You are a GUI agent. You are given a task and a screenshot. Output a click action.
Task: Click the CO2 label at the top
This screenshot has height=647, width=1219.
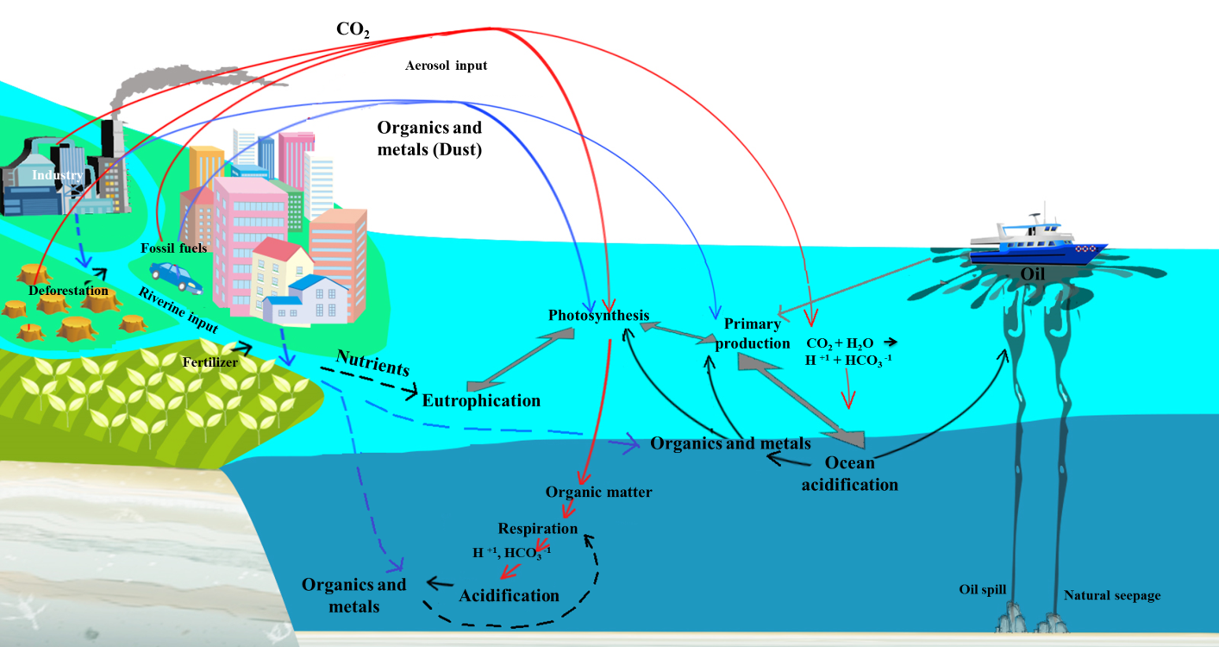pos(353,30)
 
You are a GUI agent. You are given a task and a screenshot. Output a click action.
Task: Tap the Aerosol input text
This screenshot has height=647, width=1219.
pos(446,66)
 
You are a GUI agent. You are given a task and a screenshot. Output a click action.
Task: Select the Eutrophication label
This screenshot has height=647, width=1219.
pos(481,401)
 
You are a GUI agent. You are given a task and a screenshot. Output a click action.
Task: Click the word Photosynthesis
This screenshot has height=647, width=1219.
pos(598,316)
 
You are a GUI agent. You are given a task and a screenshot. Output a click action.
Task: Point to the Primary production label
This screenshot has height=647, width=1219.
pos(757,334)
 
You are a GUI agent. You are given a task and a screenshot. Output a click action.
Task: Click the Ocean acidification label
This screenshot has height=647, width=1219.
pos(850,474)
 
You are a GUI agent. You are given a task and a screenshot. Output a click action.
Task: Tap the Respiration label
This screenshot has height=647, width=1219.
pos(538,528)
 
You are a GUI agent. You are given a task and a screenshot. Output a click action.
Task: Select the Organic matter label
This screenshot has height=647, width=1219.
pos(598,493)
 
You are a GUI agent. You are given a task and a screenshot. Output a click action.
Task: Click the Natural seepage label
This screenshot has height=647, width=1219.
pos(1112,595)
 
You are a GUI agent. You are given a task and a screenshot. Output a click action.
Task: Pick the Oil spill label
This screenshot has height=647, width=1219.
pos(983,590)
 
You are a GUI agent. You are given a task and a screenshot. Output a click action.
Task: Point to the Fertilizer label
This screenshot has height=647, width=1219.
pos(210,363)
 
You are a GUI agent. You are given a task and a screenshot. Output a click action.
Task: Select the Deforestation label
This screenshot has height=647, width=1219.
pos(69,291)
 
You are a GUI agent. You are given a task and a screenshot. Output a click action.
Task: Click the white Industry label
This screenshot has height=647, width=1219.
pos(58,176)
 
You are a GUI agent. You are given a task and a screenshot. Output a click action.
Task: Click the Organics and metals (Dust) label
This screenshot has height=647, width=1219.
pos(429,137)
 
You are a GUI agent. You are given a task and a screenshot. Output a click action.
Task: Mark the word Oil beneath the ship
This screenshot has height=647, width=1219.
pos(1033,274)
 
